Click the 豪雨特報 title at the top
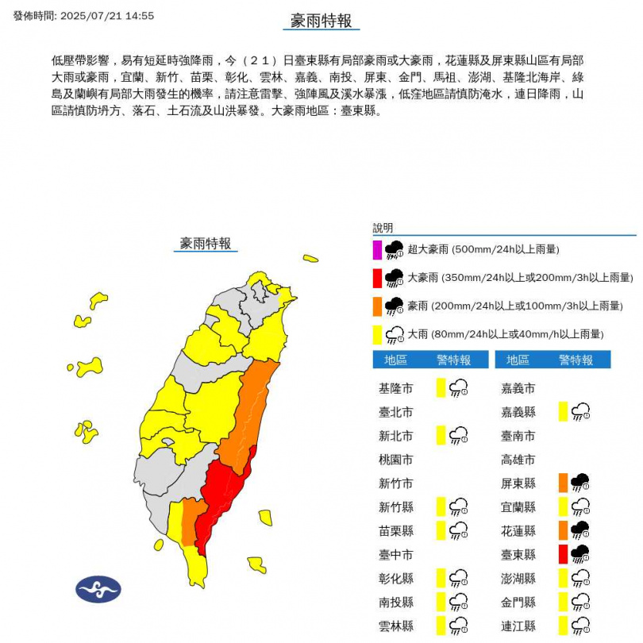coord(321,21)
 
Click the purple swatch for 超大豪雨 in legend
coord(377,250)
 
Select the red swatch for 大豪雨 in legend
coord(377,278)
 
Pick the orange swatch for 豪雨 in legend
coord(377,306)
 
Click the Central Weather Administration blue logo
coord(98,589)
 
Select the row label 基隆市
coord(396,388)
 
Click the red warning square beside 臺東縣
coord(563,554)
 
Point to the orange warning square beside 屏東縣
coord(563,483)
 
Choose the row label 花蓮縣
coord(519,530)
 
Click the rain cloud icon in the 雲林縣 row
coord(458,625)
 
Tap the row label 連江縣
coord(519,626)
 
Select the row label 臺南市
coord(519,436)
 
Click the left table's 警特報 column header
coord(453,360)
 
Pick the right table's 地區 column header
coord(518,360)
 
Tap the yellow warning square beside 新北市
coord(441,435)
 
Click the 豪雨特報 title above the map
coord(206,244)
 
